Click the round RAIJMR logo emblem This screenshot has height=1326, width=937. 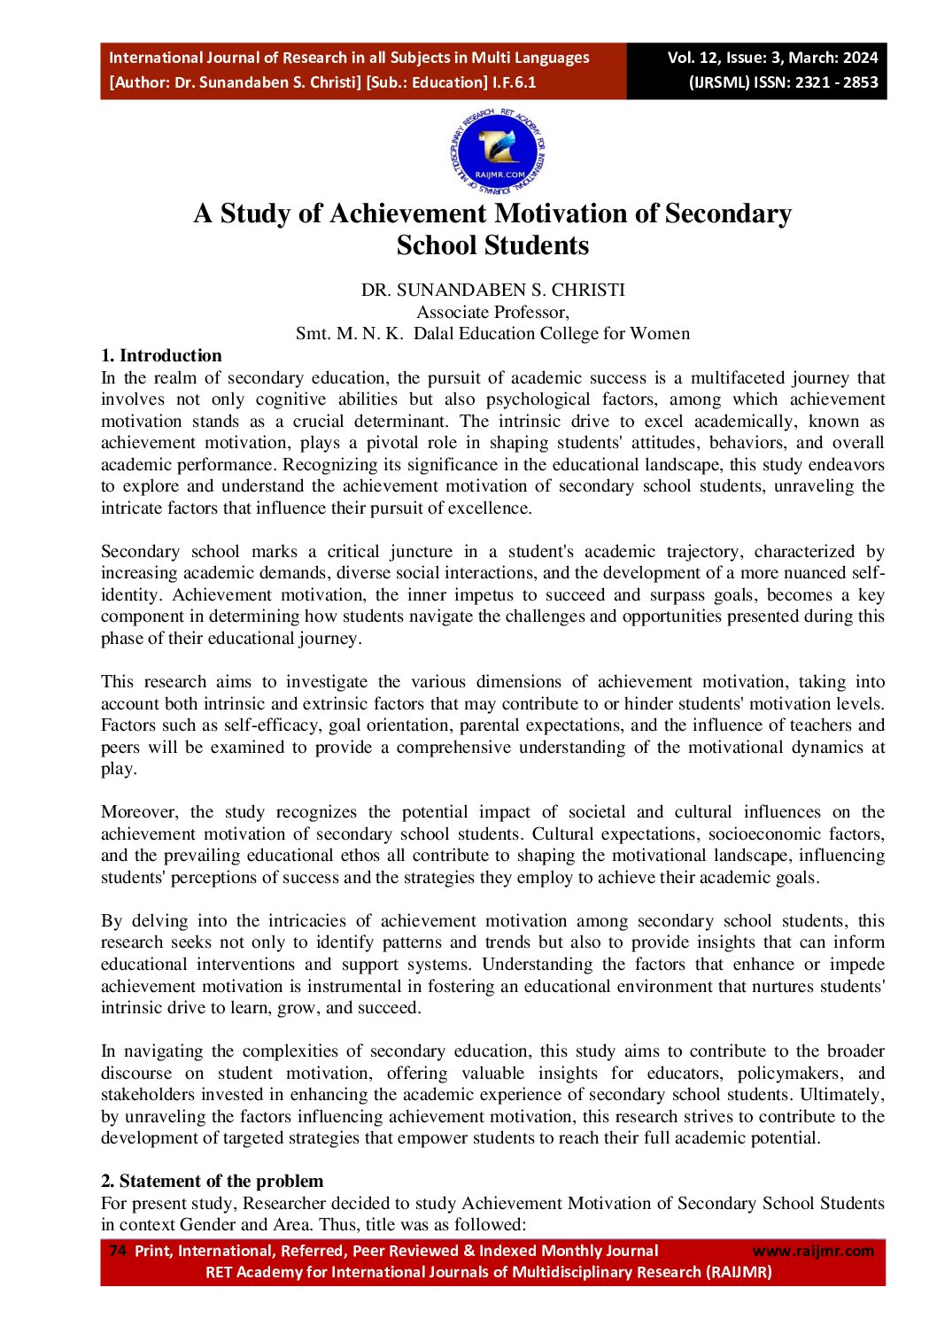[497, 151]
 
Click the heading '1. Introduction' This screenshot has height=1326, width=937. [161, 355]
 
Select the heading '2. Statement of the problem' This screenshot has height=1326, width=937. [212, 1181]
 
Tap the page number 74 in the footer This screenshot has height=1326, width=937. [117, 1251]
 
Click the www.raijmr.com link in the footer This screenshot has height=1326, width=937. [812, 1251]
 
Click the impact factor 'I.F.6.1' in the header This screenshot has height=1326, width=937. [514, 82]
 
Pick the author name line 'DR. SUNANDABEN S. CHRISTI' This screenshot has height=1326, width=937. [492, 290]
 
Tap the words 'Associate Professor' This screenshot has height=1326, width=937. [492, 312]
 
